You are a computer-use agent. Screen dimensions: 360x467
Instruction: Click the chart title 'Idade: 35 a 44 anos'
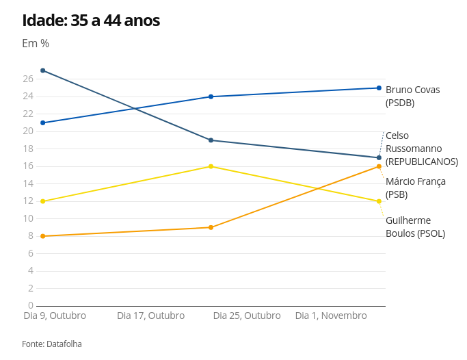pyautogui.click(x=91, y=21)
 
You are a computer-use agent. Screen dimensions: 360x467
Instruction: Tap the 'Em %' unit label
pyautogui.click(x=36, y=44)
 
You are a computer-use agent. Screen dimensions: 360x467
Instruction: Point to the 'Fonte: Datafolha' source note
pyautogui.click(x=52, y=344)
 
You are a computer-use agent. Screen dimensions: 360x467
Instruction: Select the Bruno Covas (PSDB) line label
pyautogui.click(x=413, y=97)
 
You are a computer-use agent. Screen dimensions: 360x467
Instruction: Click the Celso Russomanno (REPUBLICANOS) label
pyautogui.click(x=421, y=149)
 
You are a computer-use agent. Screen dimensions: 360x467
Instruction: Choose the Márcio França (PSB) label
pyautogui.click(x=416, y=188)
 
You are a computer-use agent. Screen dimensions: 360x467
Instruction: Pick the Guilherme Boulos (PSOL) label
pyautogui.click(x=415, y=227)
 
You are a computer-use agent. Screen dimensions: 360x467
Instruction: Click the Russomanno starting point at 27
pyautogui.click(x=43, y=70)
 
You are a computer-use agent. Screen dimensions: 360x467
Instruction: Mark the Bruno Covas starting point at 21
pyautogui.click(x=43, y=123)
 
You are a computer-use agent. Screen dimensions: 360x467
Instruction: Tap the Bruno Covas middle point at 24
pyautogui.click(x=211, y=97)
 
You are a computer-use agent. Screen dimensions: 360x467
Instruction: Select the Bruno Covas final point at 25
pyautogui.click(x=379, y=88)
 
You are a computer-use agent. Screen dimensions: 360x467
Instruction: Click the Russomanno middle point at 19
pyautogui.click(x=211, y=140)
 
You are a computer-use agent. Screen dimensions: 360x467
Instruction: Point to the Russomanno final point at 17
pyautogui.click(x=379, y=157)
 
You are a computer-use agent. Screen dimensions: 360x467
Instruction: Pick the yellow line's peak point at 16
pyautogui.click(x=211, y=166)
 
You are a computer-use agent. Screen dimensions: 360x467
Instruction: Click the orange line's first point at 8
pyautogui.click(x=43, y=236)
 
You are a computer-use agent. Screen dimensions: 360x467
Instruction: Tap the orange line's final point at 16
pyautogui.click(x=379, y=166)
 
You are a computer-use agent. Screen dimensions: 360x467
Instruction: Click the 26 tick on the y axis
pyautogui.click(x=28, y=79)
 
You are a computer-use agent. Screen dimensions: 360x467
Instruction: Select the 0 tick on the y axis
pyautogui.click(x=31, y=305)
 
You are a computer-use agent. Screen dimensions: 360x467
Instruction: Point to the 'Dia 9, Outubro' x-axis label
pyautogui.click(x=55, y=316)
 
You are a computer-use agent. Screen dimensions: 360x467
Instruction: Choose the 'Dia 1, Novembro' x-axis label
pyautogui.click(x=331, y=316)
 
